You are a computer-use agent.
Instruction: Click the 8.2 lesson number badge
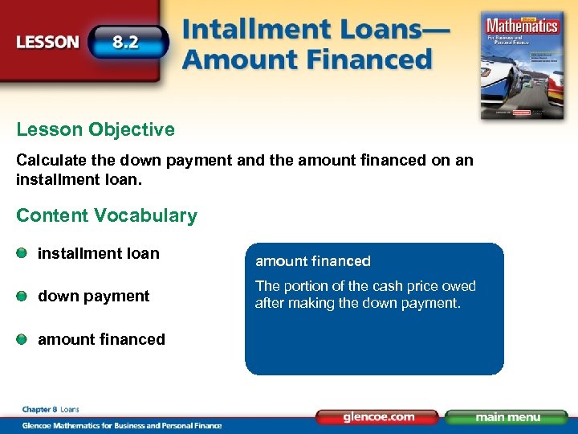(128, 42)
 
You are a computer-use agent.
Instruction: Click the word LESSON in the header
(49, 43)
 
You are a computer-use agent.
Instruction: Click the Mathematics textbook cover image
(520, 63)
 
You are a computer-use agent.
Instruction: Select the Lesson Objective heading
(96, 129)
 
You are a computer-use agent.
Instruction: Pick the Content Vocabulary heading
(107, 215)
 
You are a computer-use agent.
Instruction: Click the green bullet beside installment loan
(22, 253)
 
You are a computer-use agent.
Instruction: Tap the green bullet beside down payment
(22, 296)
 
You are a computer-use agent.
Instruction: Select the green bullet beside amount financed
(22, 339)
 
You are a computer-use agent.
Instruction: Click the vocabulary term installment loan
(99, 253)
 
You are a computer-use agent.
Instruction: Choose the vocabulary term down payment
(94, 296)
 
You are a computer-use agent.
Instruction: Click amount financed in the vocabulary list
(102, 339)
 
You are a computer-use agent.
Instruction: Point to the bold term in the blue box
(313, 261)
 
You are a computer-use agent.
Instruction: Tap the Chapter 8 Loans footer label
(51, 409)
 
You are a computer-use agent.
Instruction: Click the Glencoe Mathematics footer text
(120, 424)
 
